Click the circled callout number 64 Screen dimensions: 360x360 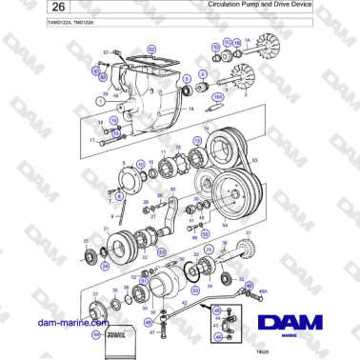[96, 334]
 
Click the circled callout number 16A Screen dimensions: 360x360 [218, 96]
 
